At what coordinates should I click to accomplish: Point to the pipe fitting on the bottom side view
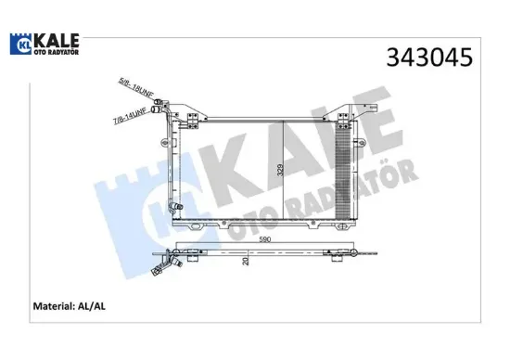(x=171, y=262)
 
